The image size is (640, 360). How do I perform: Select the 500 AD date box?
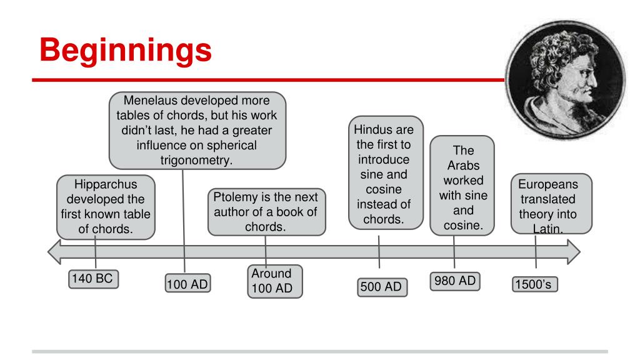pyautogui.click(x=381, y=287)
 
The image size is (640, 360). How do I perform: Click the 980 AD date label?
pyautogui.click(x=454, y=281)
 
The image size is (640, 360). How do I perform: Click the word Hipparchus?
pyautogui.click(x=105, y=185)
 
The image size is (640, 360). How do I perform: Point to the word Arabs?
pyautogui.click(x=463, y=165)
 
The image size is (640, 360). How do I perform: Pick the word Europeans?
pyautogui.click(x=548, y=186)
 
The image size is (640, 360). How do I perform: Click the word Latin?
pyautogui.click(x=548, y=229)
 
